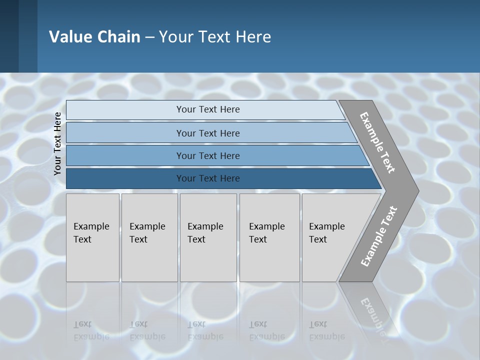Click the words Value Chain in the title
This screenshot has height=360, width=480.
[94, 36]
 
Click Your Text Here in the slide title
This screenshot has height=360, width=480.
[215, 36]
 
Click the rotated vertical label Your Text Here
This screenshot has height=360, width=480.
[57, 143]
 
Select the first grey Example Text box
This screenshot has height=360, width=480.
[92, 237]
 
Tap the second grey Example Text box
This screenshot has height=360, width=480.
[149, 237]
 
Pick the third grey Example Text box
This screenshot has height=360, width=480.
[208, 237]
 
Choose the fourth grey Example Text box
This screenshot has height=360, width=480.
[269, 237]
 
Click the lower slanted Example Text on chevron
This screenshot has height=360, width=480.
[379, 236]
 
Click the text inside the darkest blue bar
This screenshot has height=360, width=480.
[208, 178]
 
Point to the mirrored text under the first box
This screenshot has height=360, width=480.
[91, 330]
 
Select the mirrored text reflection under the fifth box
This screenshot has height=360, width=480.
[326, 330]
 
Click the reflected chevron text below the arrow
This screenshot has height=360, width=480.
[373, 315]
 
